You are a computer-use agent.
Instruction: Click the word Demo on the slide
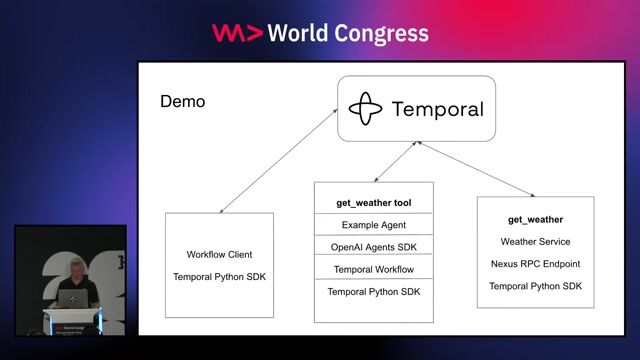coord(182,103)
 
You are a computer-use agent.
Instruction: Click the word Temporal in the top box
coord(438,109)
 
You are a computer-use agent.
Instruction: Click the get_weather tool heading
coord(374,203)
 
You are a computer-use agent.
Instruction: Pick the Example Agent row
coord(374,225)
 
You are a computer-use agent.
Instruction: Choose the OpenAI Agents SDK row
coord(374,247)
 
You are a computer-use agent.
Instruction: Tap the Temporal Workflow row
coord(374,269)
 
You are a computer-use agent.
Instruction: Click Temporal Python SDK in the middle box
coord(374,291)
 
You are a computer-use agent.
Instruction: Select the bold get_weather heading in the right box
coord(535,219)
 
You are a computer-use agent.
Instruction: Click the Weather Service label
coord(535,241)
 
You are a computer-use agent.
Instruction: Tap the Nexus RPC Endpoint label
coord(535,264)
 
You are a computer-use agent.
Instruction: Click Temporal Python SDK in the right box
coord(535,286)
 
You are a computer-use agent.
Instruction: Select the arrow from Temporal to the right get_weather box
coord(481,171)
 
